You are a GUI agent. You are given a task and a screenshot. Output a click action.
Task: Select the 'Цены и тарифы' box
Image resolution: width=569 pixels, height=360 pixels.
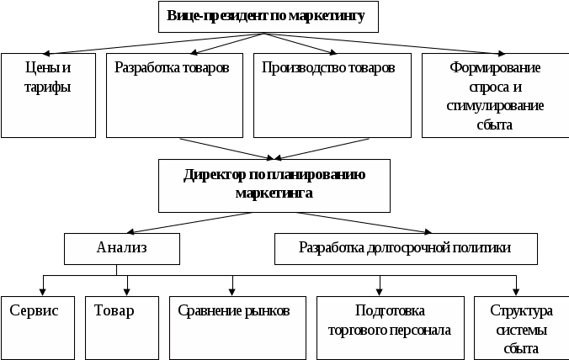(x=48, y=95)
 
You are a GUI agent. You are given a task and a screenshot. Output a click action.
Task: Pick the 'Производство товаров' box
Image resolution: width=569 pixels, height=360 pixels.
(x=327, y=95)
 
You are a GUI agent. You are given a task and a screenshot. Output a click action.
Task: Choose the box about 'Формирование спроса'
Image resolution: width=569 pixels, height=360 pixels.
(x=493, y=95)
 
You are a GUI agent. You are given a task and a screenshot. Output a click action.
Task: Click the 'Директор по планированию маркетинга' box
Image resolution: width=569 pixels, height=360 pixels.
(x=274, y=184)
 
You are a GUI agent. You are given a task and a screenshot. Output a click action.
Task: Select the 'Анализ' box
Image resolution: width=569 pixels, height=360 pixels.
(x=122, y=247)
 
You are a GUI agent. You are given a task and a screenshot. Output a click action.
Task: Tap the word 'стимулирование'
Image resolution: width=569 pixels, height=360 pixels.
(x=494, y=106)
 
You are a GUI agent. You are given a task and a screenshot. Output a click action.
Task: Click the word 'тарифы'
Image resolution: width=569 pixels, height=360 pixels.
(x=49, y=86)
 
